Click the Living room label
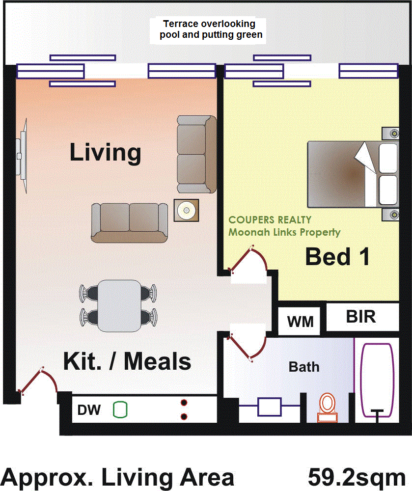pos(105,153)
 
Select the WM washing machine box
pos(300,322)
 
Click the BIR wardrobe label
pos(361,317)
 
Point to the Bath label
pos(304,367)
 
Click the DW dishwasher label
pos(89,410)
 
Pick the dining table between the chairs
pos(119,305)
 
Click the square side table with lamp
pos(186,211)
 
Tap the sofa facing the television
pos(129,222)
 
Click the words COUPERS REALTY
pos(270,220)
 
